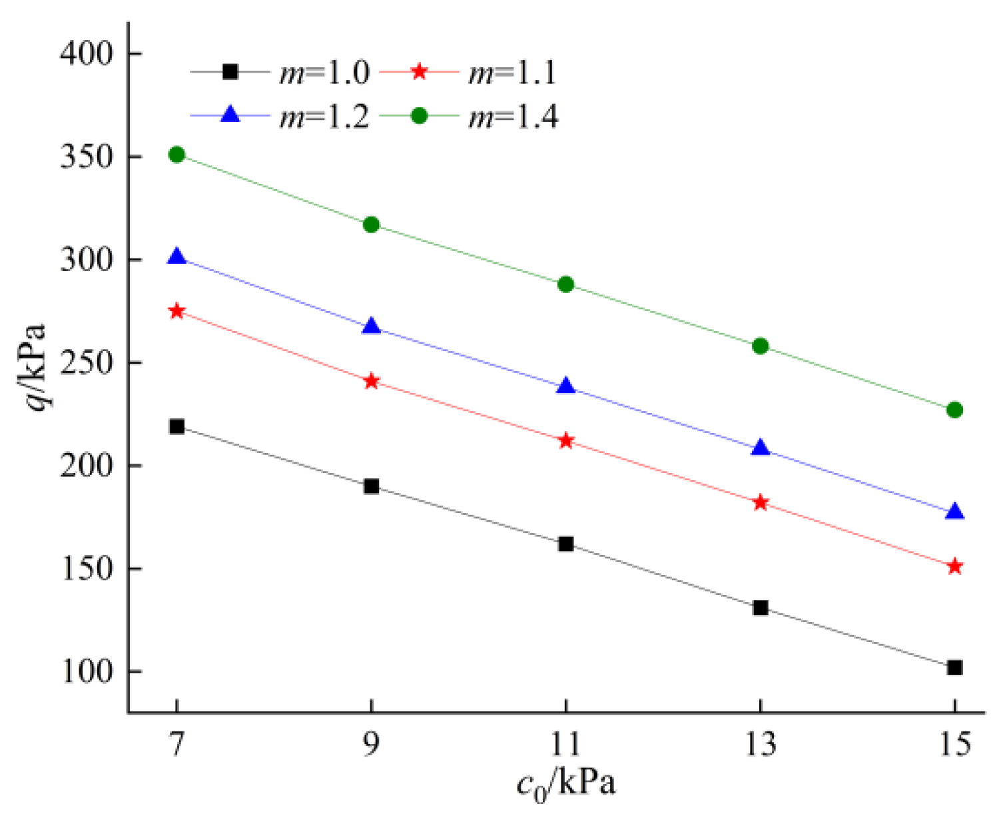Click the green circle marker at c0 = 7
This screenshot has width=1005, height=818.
pyautogui.click(x=176, y=155)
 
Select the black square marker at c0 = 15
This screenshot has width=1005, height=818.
pyautogui.click(x=954, y=667)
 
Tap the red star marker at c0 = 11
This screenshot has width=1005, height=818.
pyautogui.click(x=565, y=441)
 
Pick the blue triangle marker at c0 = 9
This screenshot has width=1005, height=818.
pyautogui.click(x=371, y=326)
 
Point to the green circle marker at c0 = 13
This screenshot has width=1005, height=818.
pyautogui.click(x=760, y=346)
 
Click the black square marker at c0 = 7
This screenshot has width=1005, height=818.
pyautogui.click(x=176, y=426)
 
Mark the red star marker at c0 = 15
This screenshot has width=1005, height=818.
pyautogui.click(x=954, y=567)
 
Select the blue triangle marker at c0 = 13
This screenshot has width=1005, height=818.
pyautogui.click(x=760, y=448)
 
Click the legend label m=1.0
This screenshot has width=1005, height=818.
pyautogui.click(x=324, y=72)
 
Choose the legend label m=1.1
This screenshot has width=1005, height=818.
pyautogui.click(x=512, y=72)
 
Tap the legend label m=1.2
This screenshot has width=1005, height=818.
pyautogui.click(x=324, y=117)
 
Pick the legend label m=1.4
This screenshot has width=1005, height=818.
pyautogui.click(x=513, y=117)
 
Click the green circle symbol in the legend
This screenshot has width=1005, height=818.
pyautogui.click(x=419, y=116)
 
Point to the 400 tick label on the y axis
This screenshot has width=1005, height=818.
pyautogui.click(x=87, y=53)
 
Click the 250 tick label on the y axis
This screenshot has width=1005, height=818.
pyautogui.click(x=87, y=363)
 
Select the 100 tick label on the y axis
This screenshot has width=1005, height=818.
pyautogui.click(x=87, y=671)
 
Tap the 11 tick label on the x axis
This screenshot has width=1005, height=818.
pyautogui.click(x=565, y=744)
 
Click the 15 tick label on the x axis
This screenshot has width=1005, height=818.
pyautogui.click(x=954, y=744)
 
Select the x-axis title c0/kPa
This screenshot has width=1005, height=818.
pyautogui.click(x=566, y=785)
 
